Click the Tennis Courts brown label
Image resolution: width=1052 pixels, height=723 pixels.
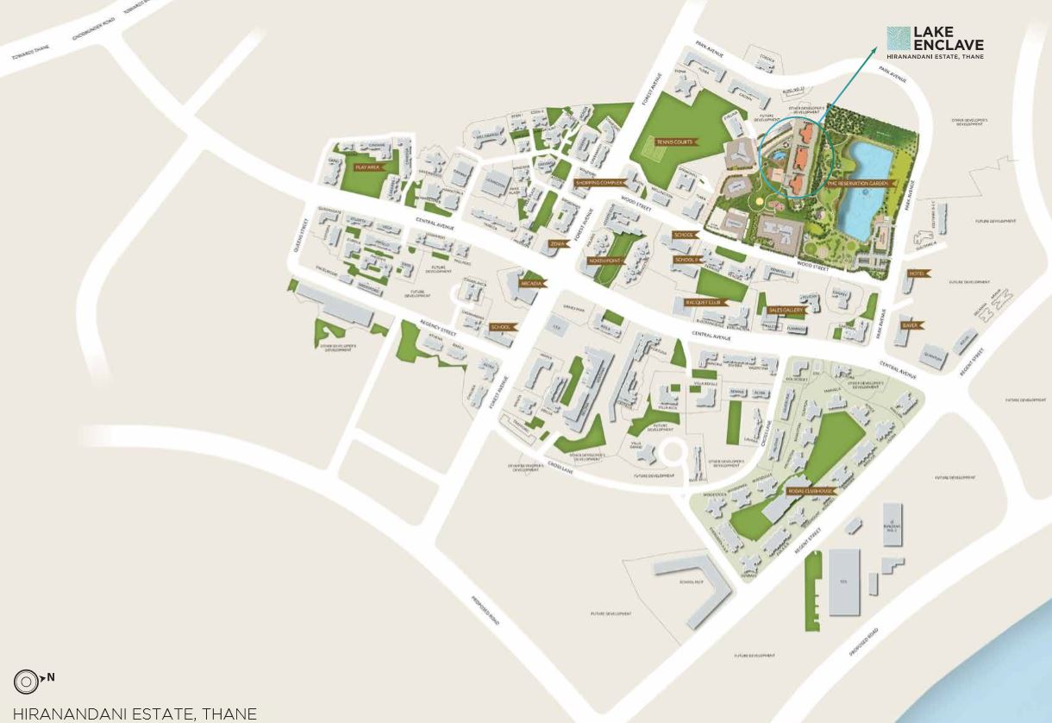(674, 141)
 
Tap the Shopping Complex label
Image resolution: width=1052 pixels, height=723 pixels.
(600, 183)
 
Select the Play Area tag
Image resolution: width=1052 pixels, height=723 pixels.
(367, 167)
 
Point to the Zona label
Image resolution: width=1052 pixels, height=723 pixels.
(558, 244)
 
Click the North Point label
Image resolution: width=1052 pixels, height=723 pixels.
(604, 260)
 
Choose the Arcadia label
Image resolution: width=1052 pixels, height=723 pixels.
(530, 283)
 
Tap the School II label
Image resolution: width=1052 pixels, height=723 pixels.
(686, 260)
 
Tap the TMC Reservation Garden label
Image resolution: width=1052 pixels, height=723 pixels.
(858, 184)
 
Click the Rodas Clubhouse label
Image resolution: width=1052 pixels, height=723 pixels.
(811, 491)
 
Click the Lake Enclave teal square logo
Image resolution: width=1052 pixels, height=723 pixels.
(899, 39)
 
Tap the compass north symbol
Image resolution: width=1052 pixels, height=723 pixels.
(27, 682)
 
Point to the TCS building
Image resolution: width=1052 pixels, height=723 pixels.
(845, 582)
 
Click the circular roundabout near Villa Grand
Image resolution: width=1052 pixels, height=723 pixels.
(670, 451)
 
